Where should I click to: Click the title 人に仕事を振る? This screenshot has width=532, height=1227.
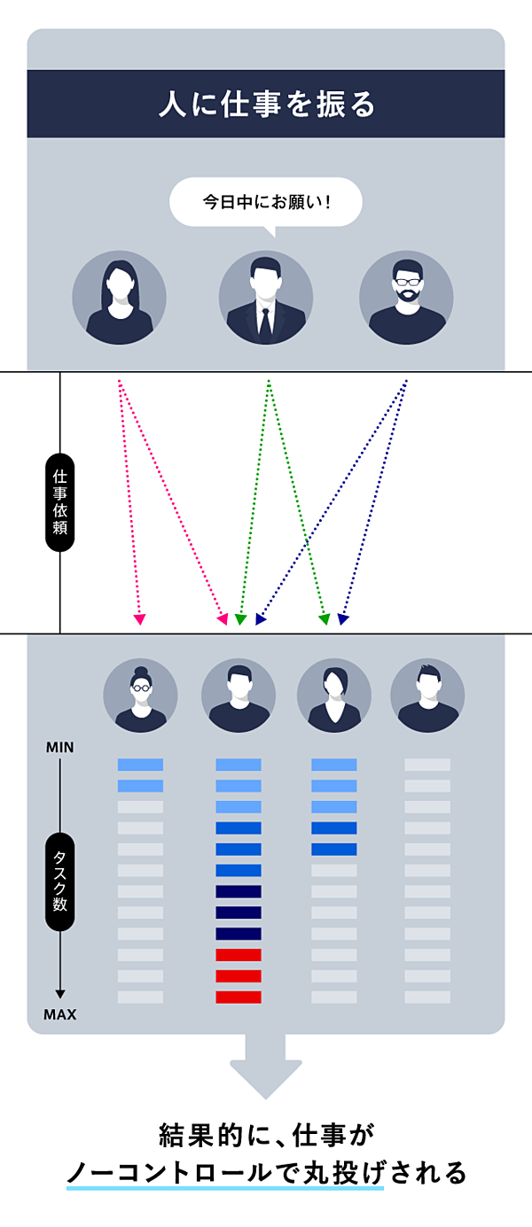pyautogui.click(x=266, y=105)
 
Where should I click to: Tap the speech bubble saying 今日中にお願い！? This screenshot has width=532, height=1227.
pyautogui.click(x=266, y=202)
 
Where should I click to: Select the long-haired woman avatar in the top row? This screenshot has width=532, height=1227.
pyautogui.click(x=119, y=298)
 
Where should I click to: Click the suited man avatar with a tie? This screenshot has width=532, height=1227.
pyautogui.click(x=265, y=298)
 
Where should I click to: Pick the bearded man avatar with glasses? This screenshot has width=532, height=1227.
pyautogui.click(x=406, y=298)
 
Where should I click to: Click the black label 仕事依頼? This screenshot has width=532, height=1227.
pyautogui.click(x=59, y=502)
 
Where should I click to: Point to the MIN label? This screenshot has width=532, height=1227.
pyautogui.click(x=59, y=748)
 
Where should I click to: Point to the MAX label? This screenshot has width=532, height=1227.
pyautogui.click(x=59, y=1014)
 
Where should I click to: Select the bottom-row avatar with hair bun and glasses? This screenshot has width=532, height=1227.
pyautogui.click(x=140, y=695)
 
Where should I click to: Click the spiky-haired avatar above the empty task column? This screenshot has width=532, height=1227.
pyautogui.click(x=427, y=695)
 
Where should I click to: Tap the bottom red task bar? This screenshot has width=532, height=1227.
pyautogui.click(x=239, y=997)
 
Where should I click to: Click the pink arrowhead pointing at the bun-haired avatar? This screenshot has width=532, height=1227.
pyautogui.click(x=139, y=619)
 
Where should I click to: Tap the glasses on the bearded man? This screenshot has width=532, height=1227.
pyautogui.click(x=407, y=282)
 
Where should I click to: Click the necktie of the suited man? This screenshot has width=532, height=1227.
pyautogui.click(x=265, y=322)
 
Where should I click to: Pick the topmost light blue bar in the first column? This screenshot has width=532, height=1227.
pyautogui.click(x=140, y=765)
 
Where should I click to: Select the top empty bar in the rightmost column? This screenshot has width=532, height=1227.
pyautogui.click(x=427, y=765)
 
